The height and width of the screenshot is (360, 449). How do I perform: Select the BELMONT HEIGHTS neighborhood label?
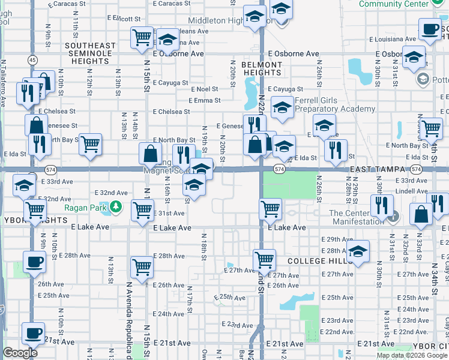coord(262,68)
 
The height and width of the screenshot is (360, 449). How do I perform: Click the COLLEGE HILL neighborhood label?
coord(318,261)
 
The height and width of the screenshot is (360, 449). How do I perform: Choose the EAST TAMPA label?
coord(379,170)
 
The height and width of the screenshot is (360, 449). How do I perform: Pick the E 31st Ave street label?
coord(170,213)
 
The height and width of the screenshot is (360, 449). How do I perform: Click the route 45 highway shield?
coord(32,60)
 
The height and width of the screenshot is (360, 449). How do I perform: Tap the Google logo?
coord(20,353)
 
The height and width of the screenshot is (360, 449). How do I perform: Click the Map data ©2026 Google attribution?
coord(412,355)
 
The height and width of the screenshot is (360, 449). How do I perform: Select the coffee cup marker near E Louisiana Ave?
coord(430,29)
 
